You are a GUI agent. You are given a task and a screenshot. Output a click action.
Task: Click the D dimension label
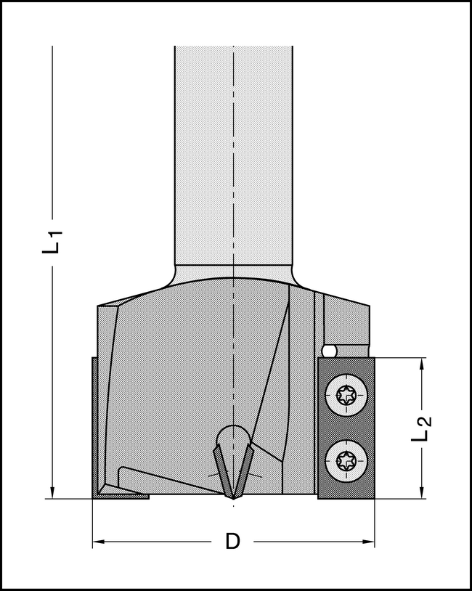pyautogui.click(x=232, y=542)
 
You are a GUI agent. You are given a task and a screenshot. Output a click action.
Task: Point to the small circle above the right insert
pyautogui.click(x=329, y=351)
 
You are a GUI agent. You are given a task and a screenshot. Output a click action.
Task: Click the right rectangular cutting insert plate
pyautogui.click(x=346, y=428)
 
